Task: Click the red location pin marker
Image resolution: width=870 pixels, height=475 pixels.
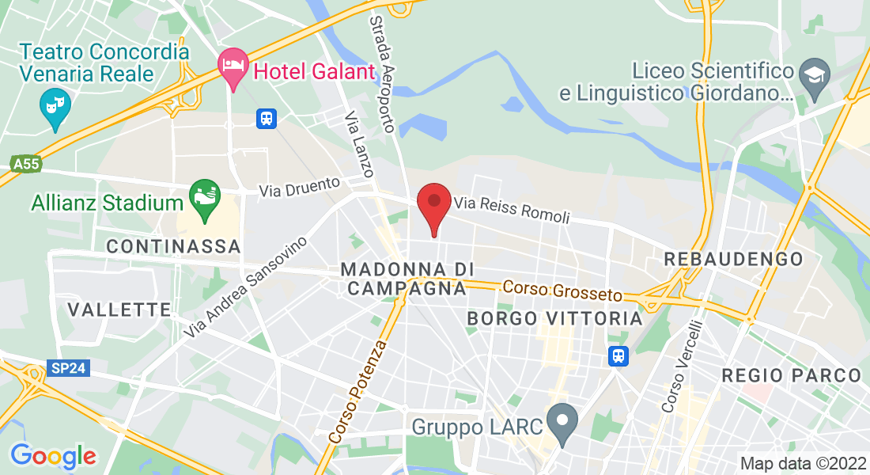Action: (433, 204)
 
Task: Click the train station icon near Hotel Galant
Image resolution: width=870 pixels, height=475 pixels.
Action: (266, 119)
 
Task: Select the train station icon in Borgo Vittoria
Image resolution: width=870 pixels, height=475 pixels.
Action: (618, 356)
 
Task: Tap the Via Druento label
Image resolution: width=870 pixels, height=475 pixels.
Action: (300, 187)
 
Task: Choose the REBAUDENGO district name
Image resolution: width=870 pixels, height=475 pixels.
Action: (733, 259)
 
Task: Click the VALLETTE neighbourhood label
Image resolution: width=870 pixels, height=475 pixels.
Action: (119, 309)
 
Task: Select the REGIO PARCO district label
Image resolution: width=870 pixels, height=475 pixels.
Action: (791, 375)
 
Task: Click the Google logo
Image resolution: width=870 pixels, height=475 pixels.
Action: (53, 456)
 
